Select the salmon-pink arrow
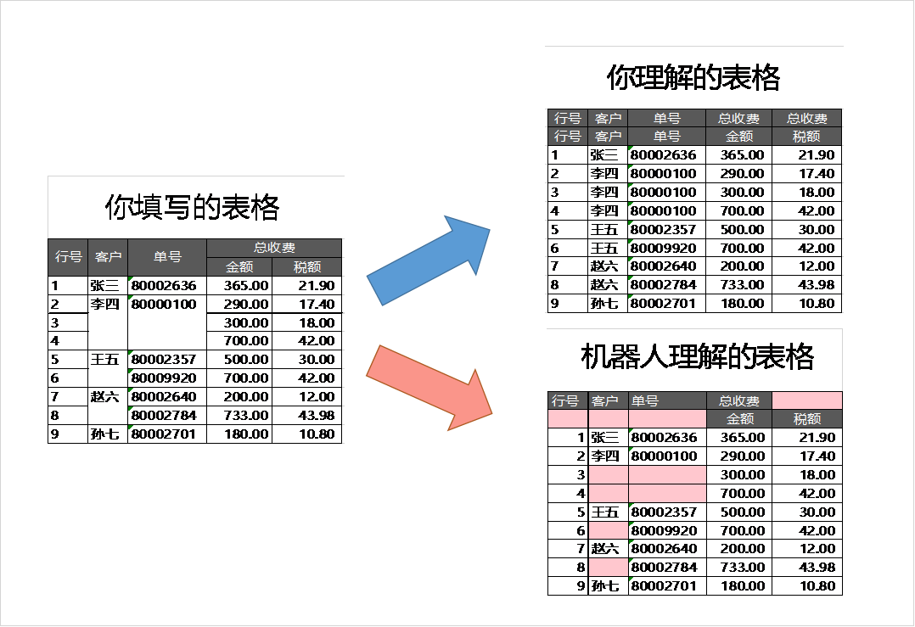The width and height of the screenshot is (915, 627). point(429,387)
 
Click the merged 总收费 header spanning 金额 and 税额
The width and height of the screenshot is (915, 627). point(274,248)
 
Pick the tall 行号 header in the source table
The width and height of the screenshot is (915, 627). point(68,257)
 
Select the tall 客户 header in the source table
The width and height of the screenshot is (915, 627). point(108,257)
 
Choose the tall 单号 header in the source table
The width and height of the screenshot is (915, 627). point(167,257)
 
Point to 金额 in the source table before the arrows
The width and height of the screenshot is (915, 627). point(239,267)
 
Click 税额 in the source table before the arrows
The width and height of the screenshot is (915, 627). point(307,267)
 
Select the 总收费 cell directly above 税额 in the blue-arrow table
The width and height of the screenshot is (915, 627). point(807,119)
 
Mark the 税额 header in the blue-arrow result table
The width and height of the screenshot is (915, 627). point(807,137)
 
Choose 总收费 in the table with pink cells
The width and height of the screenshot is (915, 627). point(739,401)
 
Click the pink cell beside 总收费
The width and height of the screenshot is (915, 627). point(807,401)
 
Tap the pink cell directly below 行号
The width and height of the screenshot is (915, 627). point(568,419)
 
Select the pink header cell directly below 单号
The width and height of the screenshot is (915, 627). point(667,419)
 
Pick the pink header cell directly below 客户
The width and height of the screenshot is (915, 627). point(608,419)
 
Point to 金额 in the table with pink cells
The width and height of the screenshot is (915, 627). point(739,419)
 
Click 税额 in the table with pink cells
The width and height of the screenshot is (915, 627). point(807,419)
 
